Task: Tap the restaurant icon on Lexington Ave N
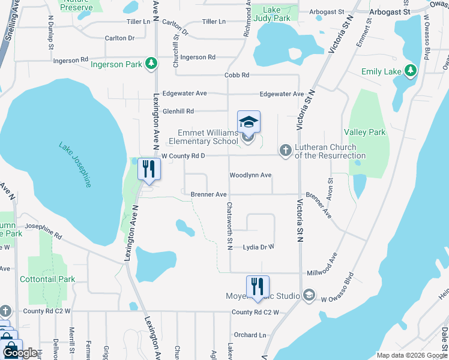pos(149,170)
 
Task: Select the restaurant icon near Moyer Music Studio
pos(258,287)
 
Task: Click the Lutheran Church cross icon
pos(286,150)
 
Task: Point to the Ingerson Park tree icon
pos(152,64)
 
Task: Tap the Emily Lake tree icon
pos(411,71)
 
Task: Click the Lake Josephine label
pos(75,164)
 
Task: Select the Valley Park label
pos(364,132)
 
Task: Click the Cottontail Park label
pos(47,279)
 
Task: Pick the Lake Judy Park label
pos(276,14)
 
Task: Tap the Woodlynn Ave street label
pos(251,175)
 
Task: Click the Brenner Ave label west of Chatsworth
pos(208,194)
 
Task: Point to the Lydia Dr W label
pos(258,247)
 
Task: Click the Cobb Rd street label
pos(237,75)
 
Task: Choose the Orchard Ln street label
pos(250,335)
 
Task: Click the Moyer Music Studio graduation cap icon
pos(309,295)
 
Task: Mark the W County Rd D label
pos(184,156)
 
